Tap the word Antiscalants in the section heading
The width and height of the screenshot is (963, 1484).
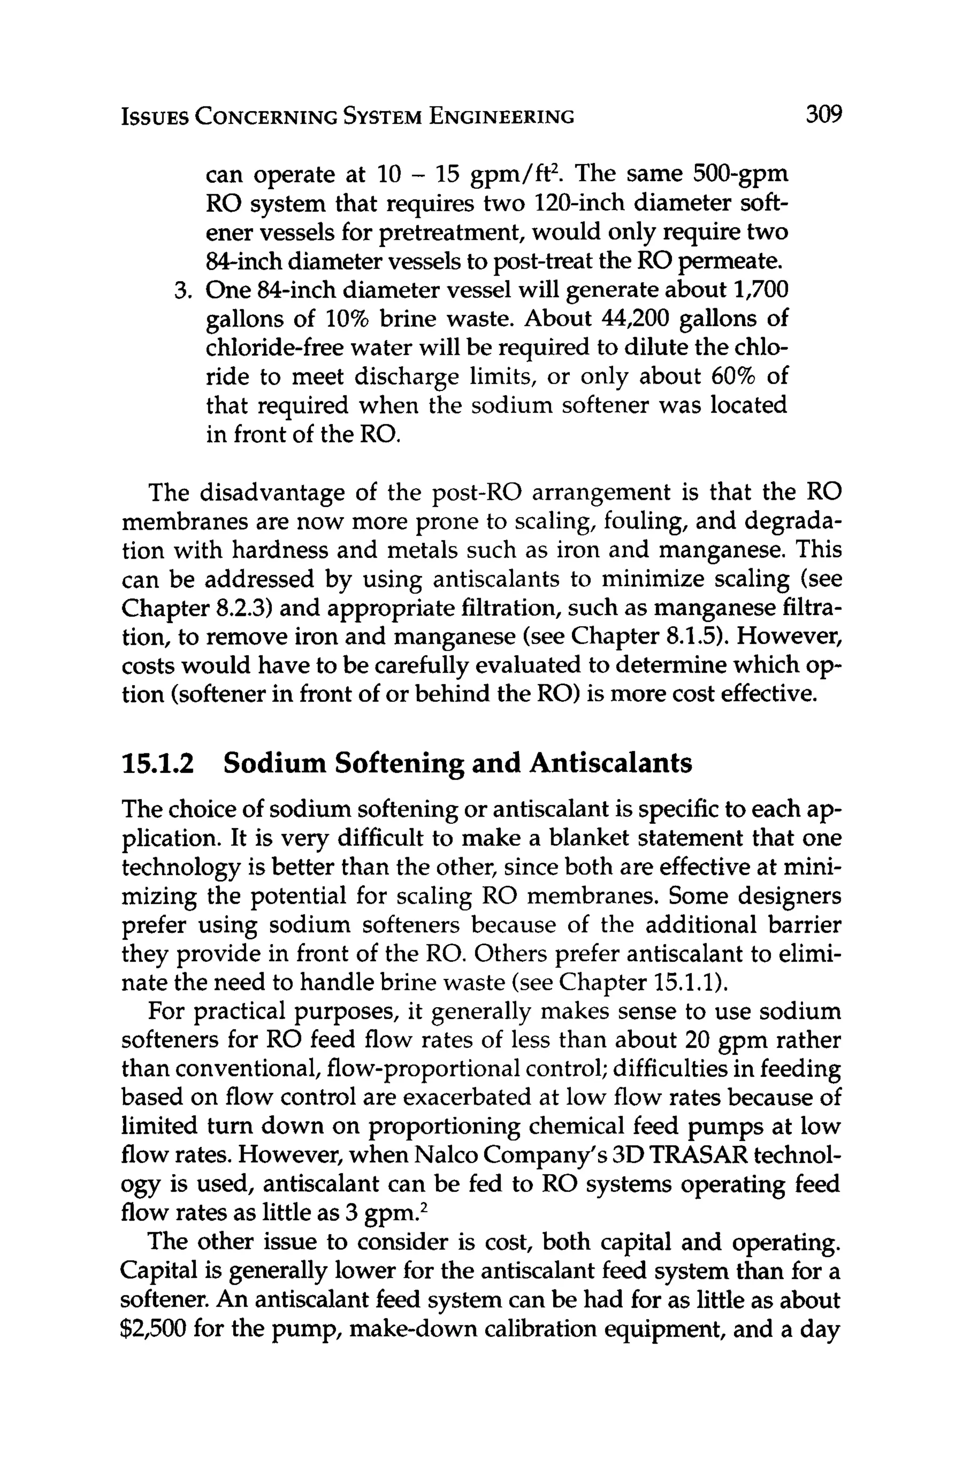[610, 763]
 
